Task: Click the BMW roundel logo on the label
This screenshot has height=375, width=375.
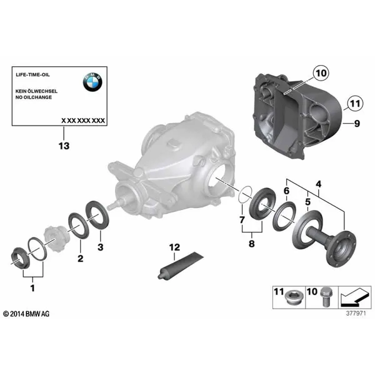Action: pos(92,82)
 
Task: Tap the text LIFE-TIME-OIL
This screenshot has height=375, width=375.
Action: pos(32,74)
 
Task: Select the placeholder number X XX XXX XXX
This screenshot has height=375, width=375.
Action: pos(83,121)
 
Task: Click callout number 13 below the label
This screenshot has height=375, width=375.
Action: pos(64,146)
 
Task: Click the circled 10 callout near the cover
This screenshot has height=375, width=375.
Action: pos(321,73)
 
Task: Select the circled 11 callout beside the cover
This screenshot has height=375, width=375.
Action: pos(355,104)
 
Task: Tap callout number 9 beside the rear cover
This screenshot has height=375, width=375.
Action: pos(357,123)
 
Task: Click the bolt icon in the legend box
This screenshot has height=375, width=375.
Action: pos(325,297)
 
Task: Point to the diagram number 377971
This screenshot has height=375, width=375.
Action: pos(356,313)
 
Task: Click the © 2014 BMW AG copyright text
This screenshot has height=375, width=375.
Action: pos(26,314)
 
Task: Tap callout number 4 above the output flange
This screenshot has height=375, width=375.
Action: pos(318,184)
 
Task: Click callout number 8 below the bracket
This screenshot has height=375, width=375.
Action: pos(251,244)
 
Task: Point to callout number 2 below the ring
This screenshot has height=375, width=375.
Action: pos(81,258)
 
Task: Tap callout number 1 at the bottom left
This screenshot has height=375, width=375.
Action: pos(32,288)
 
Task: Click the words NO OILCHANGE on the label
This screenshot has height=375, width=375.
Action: pos(34,97)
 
